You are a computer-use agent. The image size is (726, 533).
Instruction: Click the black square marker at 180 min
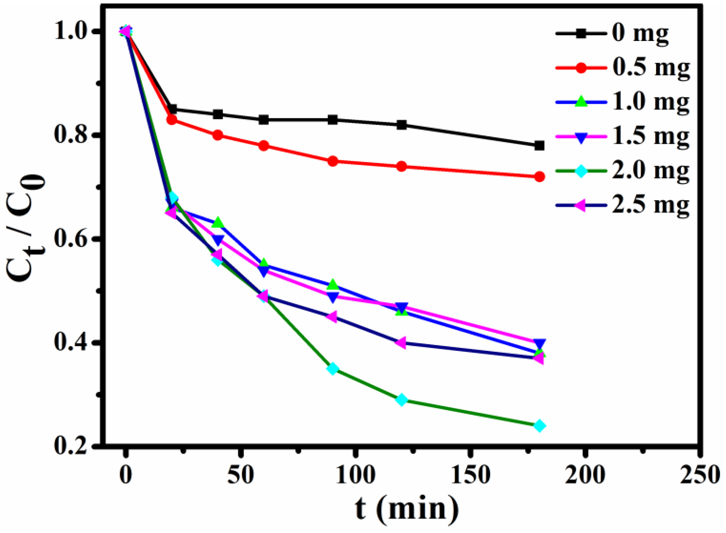pos(539,146)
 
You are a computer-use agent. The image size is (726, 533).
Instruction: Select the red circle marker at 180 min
pos(539,177)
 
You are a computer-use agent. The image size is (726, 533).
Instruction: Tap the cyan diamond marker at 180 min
pos(539,426)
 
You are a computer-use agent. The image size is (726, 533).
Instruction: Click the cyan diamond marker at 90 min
pos(333,369)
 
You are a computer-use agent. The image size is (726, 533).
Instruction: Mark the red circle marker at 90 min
pos(333,161)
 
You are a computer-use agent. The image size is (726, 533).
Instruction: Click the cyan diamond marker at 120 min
pos(401,400)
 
